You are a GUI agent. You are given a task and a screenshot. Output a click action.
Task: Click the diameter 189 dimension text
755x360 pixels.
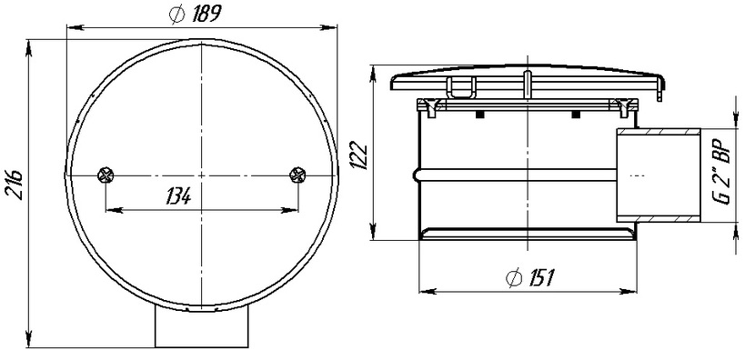coord(195,15)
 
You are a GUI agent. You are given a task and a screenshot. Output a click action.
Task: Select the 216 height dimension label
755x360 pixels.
coord(15,184)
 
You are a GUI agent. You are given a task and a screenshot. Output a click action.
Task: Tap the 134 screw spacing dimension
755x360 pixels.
coord(178,196)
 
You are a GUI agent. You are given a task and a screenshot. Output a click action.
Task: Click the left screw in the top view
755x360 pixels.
coord(106,175)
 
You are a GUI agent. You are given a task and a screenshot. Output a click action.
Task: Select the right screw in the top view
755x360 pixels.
coord(297,175)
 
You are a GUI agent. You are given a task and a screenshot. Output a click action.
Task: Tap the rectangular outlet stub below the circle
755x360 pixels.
coord(201,327)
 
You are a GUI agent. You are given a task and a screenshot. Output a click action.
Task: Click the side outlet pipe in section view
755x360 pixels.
coord(659,175)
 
